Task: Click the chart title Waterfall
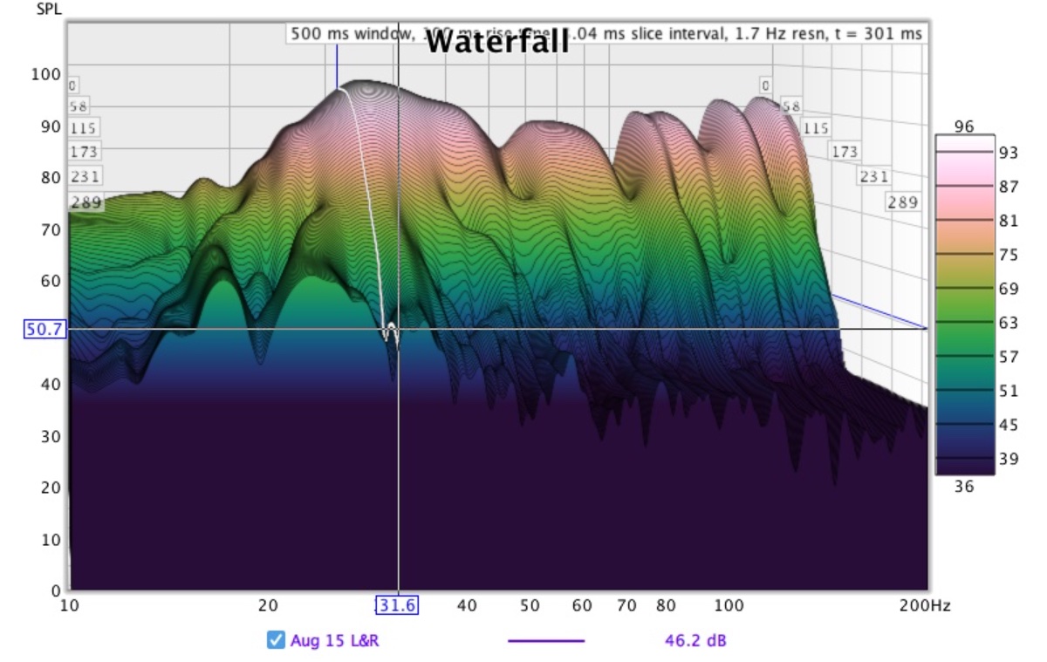coord(497,41)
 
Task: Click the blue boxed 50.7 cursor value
coord(44,329)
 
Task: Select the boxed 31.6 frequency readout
coord(397,605)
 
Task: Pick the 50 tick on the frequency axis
coord(530,605)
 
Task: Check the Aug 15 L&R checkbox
coord(276,641)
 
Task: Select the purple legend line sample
coord(546,641)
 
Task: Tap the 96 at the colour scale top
coord(963,126)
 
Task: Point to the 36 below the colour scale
coord(963,487)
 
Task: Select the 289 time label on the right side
coord(903,202)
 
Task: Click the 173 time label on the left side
coord(84,152)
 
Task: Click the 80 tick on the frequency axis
coord(666,605)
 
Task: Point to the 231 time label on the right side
coord(873,177)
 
